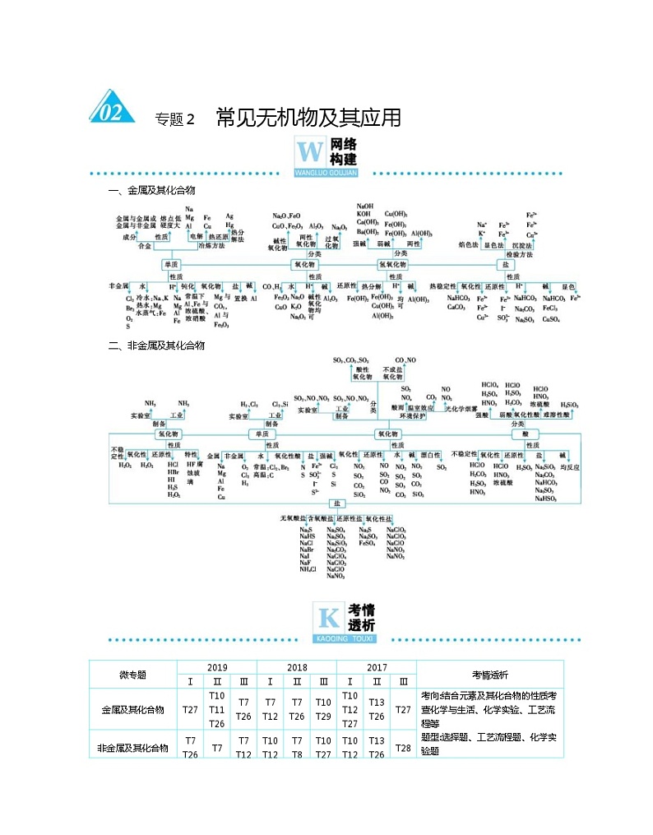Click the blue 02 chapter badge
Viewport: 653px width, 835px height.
tap(112, 110)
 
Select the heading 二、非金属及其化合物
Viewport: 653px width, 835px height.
tap(156, 346)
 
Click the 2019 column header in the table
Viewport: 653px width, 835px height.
tap(217, 667)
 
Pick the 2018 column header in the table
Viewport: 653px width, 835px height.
tap(297, 667)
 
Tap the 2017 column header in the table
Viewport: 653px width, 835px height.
tap(377, 667)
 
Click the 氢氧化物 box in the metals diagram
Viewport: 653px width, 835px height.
tap(393, 265)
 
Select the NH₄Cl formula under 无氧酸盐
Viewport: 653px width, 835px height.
tap(307, 569)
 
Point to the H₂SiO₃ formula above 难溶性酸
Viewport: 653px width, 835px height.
tap(569, 405)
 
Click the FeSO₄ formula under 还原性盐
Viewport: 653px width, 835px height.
tap(368, 544)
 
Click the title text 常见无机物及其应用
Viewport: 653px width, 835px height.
tap(308, 118)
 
